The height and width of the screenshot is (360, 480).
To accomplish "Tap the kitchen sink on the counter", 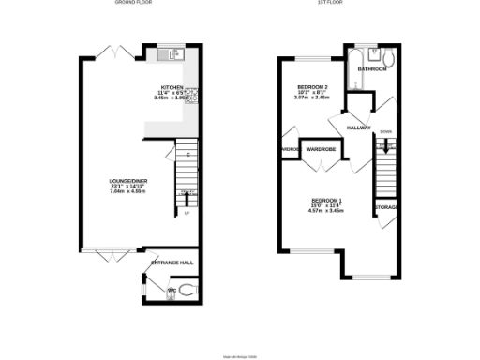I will (170, 54).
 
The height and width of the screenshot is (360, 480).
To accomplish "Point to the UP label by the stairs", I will (187, 213).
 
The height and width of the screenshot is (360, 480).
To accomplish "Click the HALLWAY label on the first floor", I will (359, 127).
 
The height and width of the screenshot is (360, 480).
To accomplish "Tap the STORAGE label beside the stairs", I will (386, 207).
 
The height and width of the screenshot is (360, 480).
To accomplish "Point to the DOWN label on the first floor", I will (386, 132).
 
